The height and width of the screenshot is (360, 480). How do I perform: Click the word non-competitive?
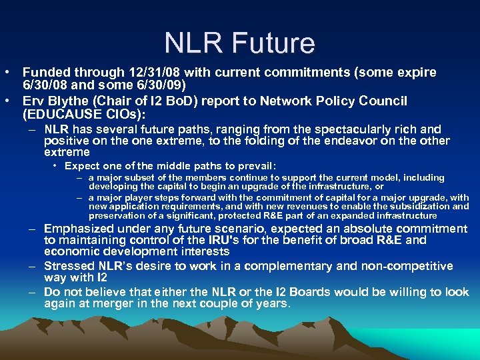click(x=400, y=266)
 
